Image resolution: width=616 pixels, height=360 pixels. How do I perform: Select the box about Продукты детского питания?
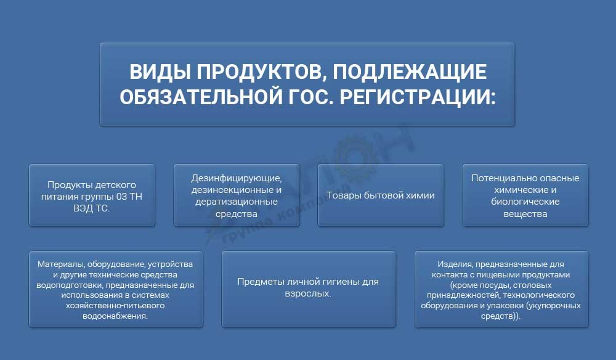tap(92, 195)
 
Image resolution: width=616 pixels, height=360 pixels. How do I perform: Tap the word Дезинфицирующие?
tap(237, 179)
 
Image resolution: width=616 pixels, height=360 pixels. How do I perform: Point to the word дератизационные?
tap(237, 202)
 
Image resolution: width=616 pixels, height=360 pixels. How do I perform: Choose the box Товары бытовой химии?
tap(381, 195)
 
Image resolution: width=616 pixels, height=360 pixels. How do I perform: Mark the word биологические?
tap(525, 202)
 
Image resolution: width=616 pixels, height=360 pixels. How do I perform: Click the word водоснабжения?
tap(115, 316)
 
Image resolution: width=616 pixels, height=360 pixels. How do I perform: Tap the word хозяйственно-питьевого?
tap(115, 305)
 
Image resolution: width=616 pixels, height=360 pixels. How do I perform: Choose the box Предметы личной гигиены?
tap(308, 288)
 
